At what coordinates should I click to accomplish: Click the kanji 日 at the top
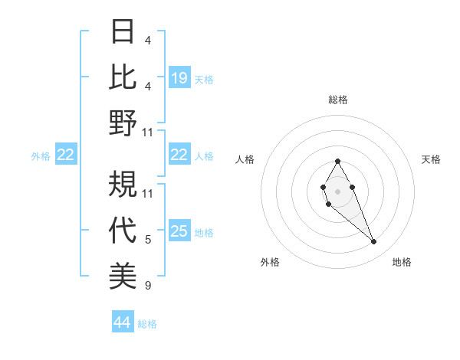pos(123,33)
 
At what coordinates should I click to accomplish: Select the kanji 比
pos(123,77)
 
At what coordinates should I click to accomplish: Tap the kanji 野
pos(123,122)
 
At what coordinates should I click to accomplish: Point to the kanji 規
pos(123,184)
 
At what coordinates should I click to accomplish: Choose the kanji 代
pos(123,229)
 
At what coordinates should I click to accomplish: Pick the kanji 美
pos(123,274)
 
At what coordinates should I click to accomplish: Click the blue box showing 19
pos(179,77)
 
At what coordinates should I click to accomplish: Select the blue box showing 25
pos(179,231)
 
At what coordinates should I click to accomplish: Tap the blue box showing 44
pos(123,322)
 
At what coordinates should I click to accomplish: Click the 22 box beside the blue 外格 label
pos(66,155)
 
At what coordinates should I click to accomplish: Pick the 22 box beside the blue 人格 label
pos(179,155)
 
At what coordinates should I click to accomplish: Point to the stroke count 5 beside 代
pos(148,241)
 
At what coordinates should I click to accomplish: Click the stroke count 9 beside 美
pos(148,286)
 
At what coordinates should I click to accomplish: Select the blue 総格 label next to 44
pos(147,323)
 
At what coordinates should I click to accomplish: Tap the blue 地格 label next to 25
pos(204,232)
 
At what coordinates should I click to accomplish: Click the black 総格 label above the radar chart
pos(338,100)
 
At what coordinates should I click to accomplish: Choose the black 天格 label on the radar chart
pos(431,159)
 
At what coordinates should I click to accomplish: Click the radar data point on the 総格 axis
pos(337,161)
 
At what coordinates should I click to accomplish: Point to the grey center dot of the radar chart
pos(337,190)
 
